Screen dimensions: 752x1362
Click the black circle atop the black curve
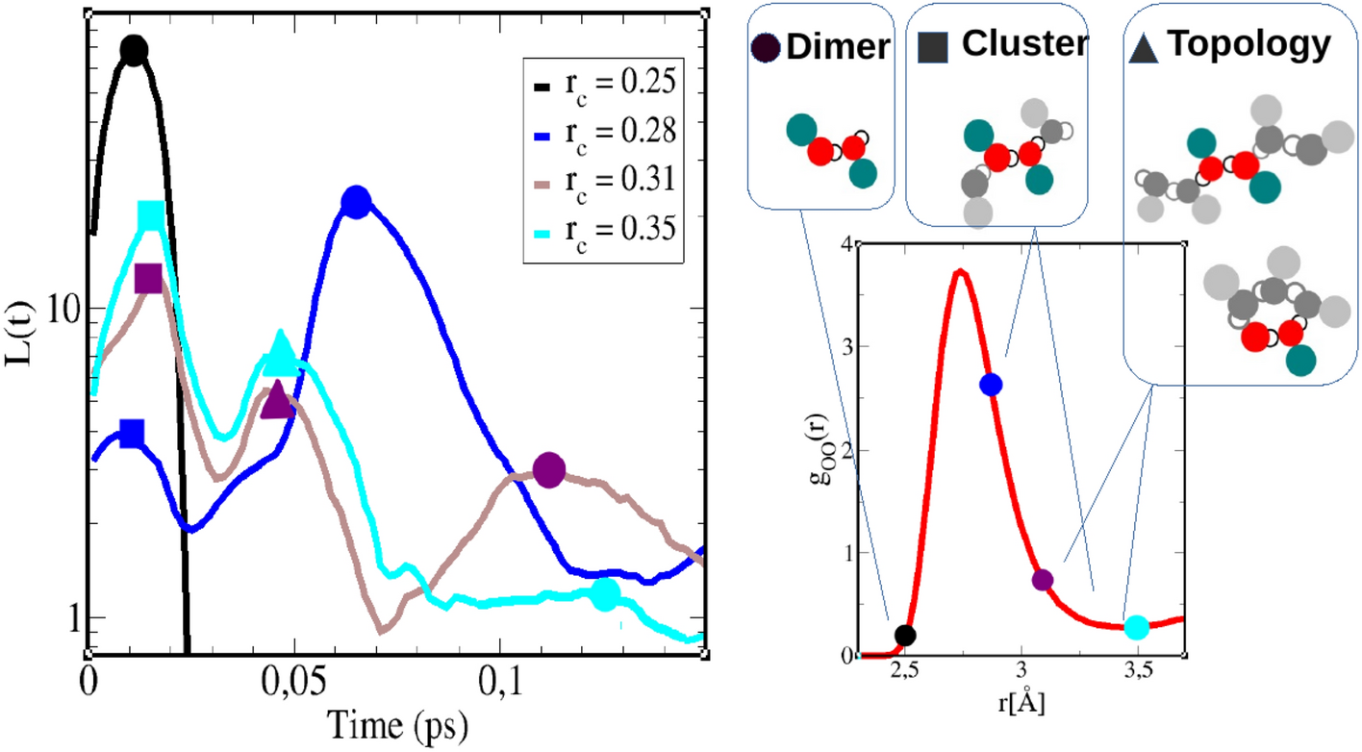(134, 50)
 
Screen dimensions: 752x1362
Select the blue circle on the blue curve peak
(356, 202)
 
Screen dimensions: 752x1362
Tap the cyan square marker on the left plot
(151, 216)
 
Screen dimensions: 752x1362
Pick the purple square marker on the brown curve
(148, 279)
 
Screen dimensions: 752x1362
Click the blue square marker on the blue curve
(132, 434)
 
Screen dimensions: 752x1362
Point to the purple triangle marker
(277, 402)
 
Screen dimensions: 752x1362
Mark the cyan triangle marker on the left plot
(281, 354)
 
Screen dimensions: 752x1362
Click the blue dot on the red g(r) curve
(991, 385)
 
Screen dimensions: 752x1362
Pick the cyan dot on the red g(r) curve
(1137, 627)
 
